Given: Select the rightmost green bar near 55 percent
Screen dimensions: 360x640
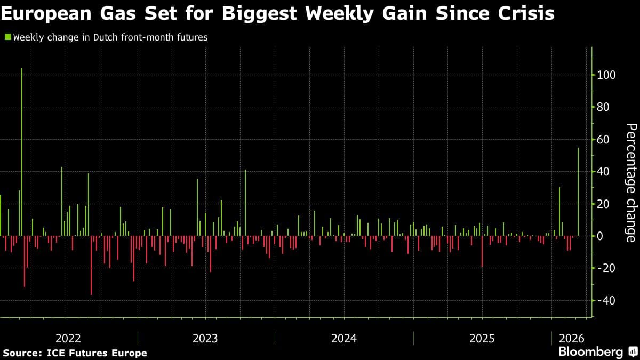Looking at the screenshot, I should click(x=578, y=192).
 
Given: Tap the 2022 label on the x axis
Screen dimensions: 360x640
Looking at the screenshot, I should click(x=68, y=339).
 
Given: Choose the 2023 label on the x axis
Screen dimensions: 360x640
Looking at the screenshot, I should click(x=205, y=339).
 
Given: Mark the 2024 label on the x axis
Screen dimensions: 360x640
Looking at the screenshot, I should click(x=344, y=339).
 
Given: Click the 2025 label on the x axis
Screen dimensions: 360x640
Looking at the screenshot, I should click(x=482, y=339).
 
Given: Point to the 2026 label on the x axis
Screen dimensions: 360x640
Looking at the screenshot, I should click(x=571, y=339).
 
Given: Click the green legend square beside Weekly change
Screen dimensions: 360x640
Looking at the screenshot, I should click(x=7, y=37).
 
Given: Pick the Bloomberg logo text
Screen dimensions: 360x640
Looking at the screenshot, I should click(x=590, y=352).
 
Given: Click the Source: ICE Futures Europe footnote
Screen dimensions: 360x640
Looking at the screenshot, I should click(x=75, y=353).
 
